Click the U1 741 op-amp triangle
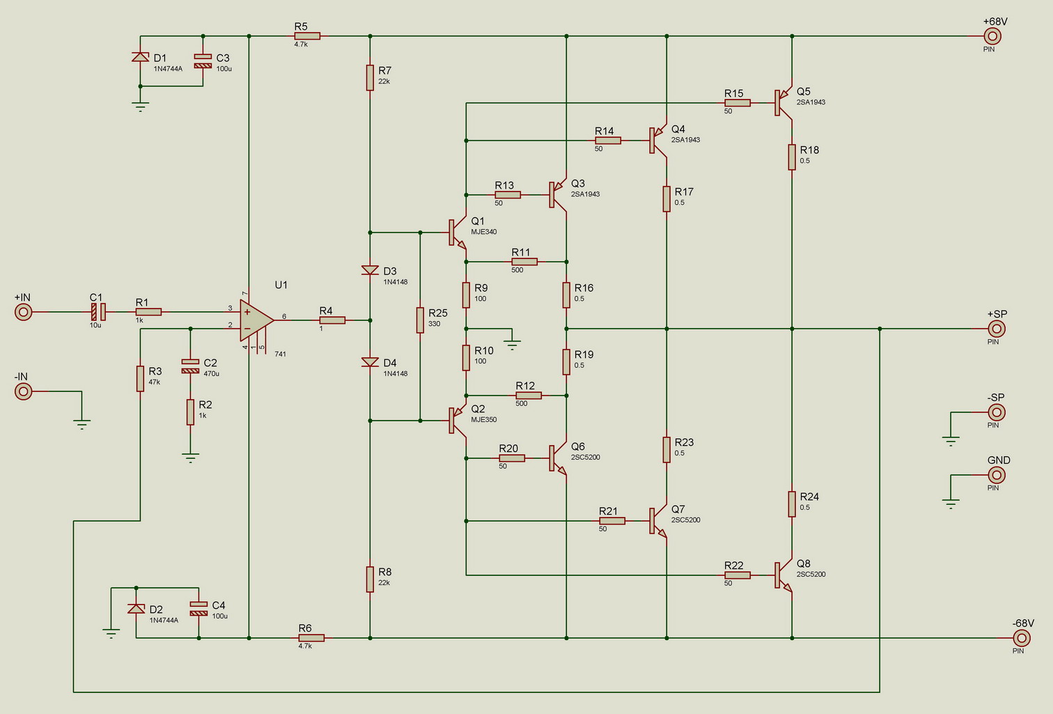click(x=256, y=320)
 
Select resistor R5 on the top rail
click(x=307, y=36)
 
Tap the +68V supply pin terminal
click(x=992, y=36)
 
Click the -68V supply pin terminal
click(x=1022, y=638)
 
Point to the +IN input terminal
click(x=23, y=312)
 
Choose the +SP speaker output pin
click(x=997, y=329)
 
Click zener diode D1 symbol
click(x=141, y=57)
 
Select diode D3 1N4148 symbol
click(x=370, y=270)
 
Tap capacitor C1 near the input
click(x=98, y=312)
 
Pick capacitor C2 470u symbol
click(x=190, y=366)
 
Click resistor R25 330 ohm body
click(x=420, y=320)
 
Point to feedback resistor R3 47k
click(x=141, y=379)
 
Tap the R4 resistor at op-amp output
click(x=332, y=320)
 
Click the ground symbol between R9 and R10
click(x=512, y=345)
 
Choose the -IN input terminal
click(x=23, y=391)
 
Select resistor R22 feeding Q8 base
click(x=738, y=575)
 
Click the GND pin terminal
click(x=997, y=475)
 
